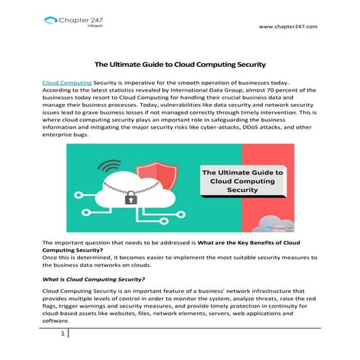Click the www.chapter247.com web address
click(x=288, y=27)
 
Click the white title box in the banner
click(x=242, y=181)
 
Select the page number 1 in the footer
click(x=63, y=334)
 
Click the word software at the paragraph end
click(x=56, y=320)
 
